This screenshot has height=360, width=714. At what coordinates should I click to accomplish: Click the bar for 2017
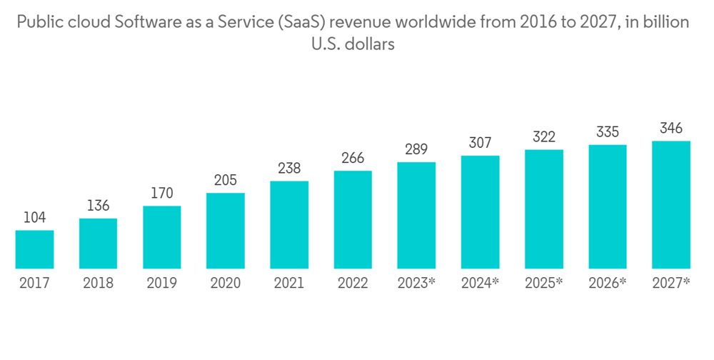34,249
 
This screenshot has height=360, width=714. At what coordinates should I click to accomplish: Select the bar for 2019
161,237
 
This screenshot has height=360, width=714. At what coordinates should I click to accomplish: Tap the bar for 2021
289,225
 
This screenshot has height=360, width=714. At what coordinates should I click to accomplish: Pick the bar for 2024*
480,212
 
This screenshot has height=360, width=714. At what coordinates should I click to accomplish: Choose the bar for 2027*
671,205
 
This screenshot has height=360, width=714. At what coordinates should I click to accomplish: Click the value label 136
98,206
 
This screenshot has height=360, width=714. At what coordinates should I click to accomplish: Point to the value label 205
225,180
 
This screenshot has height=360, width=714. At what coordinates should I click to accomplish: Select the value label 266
353,158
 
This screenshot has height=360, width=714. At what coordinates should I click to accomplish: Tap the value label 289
416,149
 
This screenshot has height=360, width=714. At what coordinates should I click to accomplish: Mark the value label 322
544,137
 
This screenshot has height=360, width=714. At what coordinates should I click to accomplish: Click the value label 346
671,129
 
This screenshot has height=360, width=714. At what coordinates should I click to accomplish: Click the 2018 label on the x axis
98,284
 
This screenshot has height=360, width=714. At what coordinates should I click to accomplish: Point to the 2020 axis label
225,284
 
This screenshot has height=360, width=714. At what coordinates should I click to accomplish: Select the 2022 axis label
353,284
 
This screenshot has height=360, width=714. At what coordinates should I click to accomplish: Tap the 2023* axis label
416,284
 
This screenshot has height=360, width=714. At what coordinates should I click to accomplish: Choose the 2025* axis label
544,284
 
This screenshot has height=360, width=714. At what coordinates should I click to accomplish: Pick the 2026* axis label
608,284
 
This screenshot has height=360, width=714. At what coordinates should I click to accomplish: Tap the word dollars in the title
371,44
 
